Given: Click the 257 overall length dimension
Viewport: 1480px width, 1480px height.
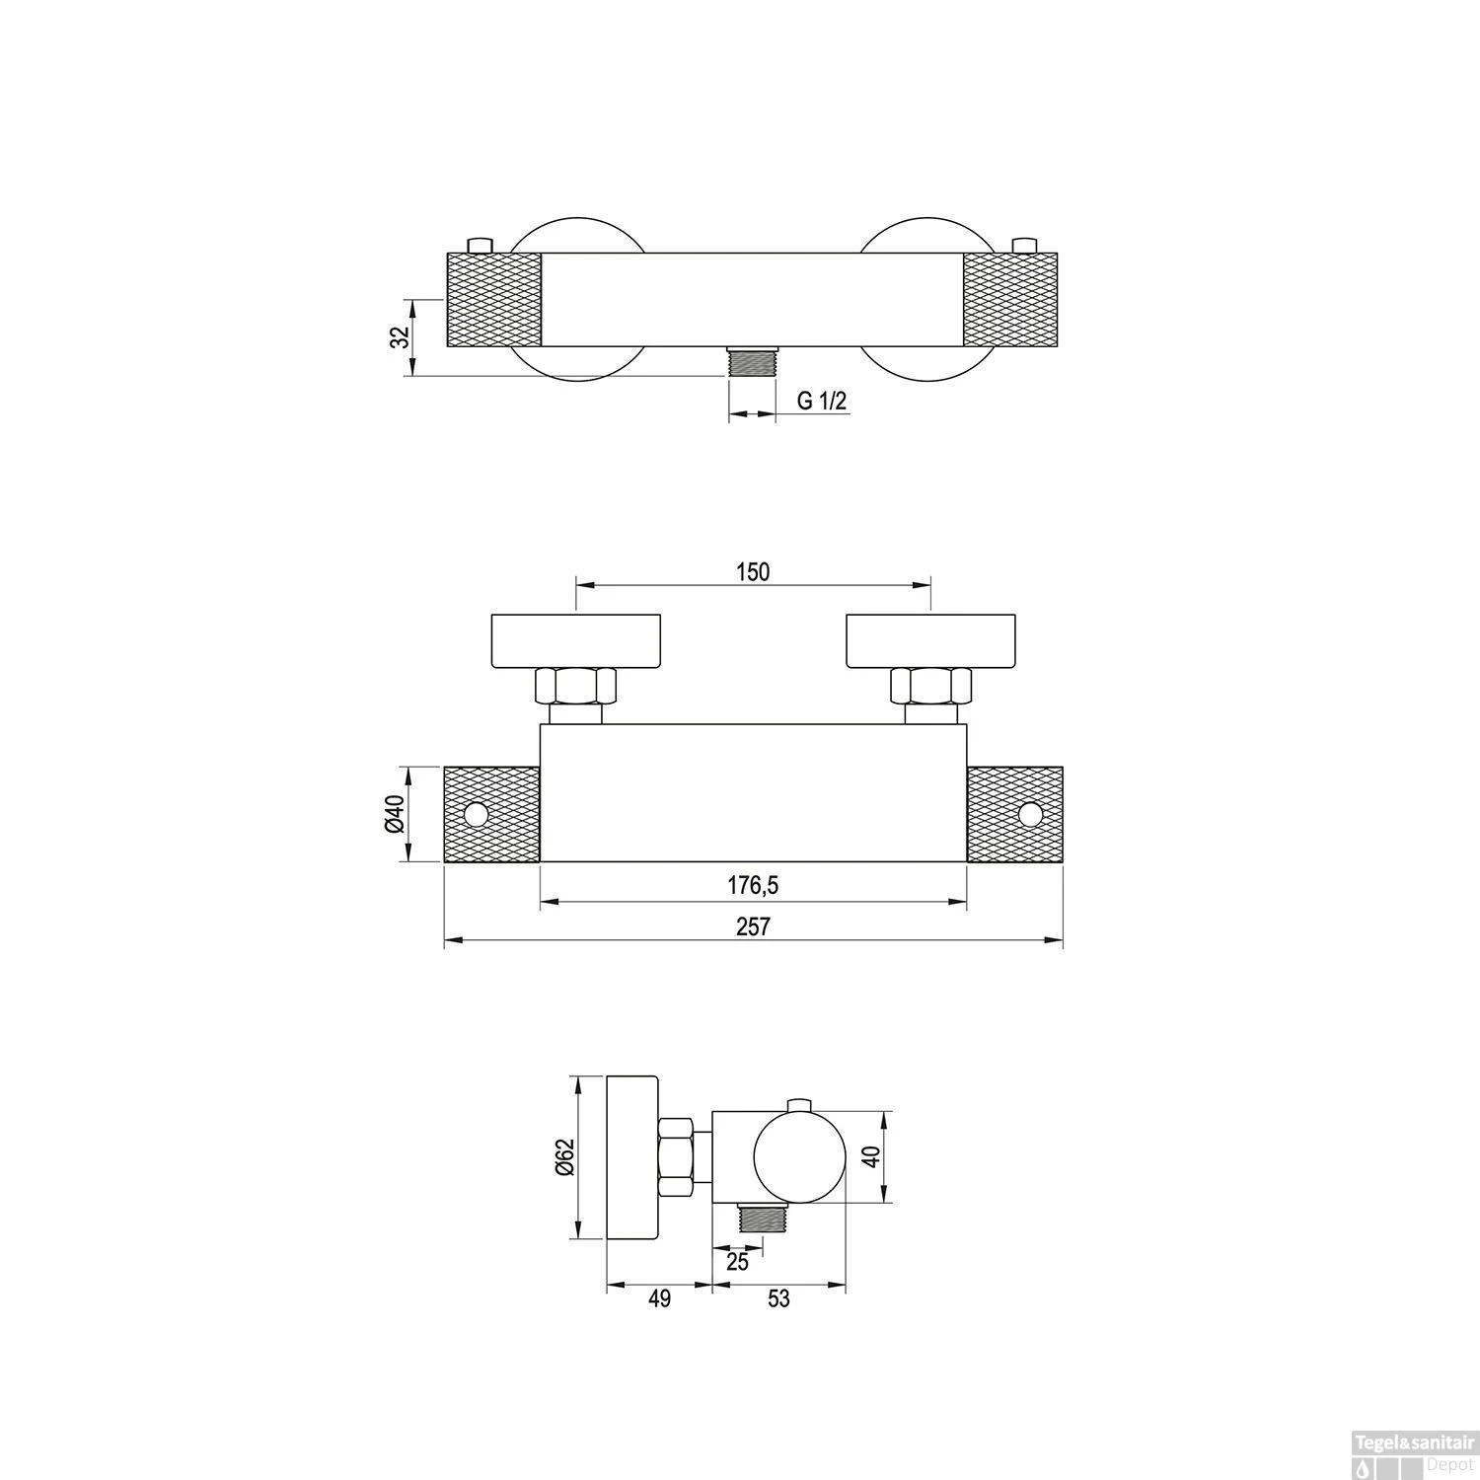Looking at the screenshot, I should [753, 926].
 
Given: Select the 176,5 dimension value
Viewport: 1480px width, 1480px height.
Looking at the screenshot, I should [753, 886].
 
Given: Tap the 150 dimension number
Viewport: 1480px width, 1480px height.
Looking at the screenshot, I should [753, 571].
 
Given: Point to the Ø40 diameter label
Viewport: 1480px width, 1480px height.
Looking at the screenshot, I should [395, 815].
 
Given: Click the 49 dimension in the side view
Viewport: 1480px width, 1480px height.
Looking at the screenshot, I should [659, 1298].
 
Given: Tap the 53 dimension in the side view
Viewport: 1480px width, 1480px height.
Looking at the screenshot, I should [778, 1298].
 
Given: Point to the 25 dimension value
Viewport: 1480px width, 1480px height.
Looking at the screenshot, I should [737, 1262].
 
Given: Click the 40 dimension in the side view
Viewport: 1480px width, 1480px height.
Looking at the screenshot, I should [871, 1156].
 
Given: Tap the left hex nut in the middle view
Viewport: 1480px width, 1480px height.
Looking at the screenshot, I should [575, 686].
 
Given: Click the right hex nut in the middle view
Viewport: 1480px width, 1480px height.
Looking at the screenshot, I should [930, 686].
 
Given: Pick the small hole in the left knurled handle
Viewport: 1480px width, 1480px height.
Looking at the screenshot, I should [478, 815].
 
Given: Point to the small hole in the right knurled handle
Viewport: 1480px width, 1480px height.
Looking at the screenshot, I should [1029, 815].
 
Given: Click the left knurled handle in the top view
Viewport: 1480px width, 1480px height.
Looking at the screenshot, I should [493, 300].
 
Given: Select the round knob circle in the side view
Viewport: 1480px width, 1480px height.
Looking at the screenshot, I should [799, 1157].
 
